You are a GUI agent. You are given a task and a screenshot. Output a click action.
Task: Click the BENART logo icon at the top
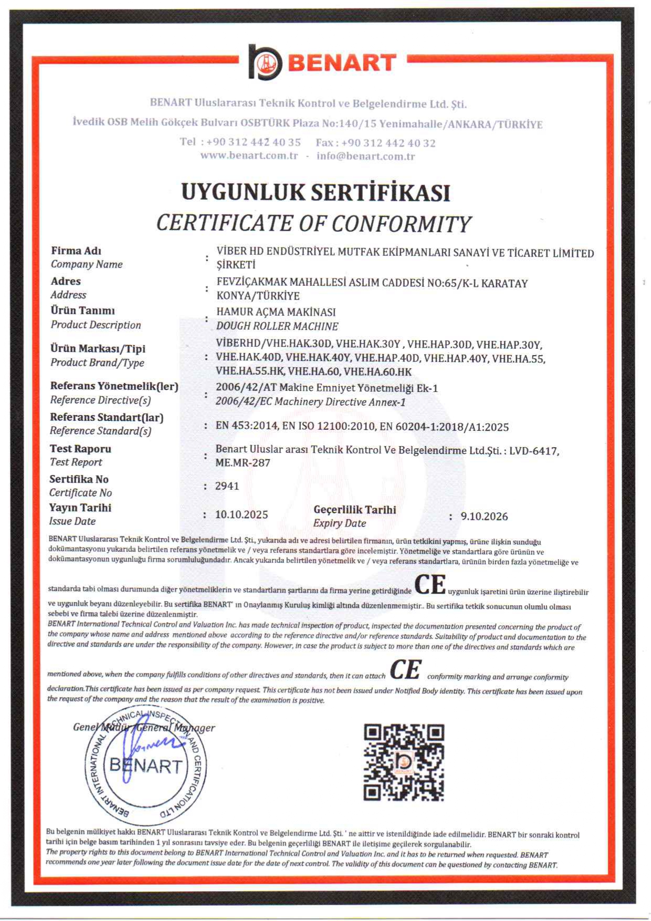265,62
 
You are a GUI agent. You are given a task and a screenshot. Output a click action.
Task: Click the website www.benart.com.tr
249,156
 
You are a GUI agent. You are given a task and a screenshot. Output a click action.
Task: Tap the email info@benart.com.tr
365,156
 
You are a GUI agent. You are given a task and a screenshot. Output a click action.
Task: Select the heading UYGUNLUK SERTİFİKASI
316,192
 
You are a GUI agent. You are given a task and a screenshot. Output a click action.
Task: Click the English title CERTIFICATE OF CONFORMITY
314,224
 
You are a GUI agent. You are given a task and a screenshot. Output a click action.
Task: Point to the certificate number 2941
227,486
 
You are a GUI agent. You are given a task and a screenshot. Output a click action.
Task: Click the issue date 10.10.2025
241,514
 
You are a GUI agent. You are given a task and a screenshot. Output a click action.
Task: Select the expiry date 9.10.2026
484,516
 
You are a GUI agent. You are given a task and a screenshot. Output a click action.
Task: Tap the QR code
404,762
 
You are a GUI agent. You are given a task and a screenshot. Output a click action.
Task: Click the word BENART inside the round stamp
145,765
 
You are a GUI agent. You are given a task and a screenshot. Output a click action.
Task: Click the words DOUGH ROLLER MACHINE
277,326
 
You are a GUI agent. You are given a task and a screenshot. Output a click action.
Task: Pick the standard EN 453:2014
246,426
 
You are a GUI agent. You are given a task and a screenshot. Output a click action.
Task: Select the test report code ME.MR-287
243,463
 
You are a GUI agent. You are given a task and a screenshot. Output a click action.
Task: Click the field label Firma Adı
76,251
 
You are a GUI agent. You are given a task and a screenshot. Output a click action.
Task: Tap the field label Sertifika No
79,479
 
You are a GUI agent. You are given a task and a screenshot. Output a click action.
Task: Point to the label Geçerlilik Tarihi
354,510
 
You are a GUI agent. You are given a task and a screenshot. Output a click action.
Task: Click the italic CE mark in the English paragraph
405,670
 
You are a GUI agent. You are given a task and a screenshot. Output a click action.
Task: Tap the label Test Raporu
80,449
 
